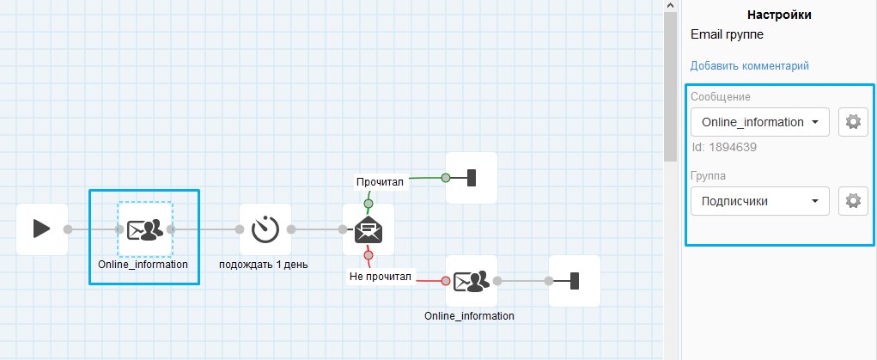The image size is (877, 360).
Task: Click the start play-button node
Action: point(42,229)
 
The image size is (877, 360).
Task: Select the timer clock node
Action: point(265,229)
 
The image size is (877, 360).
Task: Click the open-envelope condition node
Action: point(368,229)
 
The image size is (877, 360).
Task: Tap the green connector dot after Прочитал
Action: point(446,178)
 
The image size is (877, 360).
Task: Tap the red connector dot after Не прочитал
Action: point(446,281)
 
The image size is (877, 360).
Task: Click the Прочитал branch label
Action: point(381,181)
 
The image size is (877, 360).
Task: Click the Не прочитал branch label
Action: point(381,277)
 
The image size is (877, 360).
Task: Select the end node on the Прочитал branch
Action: point(471,178)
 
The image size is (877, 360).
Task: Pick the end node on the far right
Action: point(574,281)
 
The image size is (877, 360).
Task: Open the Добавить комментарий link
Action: point(749,66)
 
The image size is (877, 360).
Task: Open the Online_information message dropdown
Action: point(759,122)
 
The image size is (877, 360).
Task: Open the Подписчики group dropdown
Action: point(759,201)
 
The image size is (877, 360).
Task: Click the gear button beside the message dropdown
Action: point(852,122)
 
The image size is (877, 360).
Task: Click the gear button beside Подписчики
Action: point(852,201)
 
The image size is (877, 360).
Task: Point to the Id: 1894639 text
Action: point(724,147)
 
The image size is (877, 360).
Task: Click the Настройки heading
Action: point(779,15)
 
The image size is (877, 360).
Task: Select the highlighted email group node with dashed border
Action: point(145,229)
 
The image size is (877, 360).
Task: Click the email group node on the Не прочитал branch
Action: point(472,281)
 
